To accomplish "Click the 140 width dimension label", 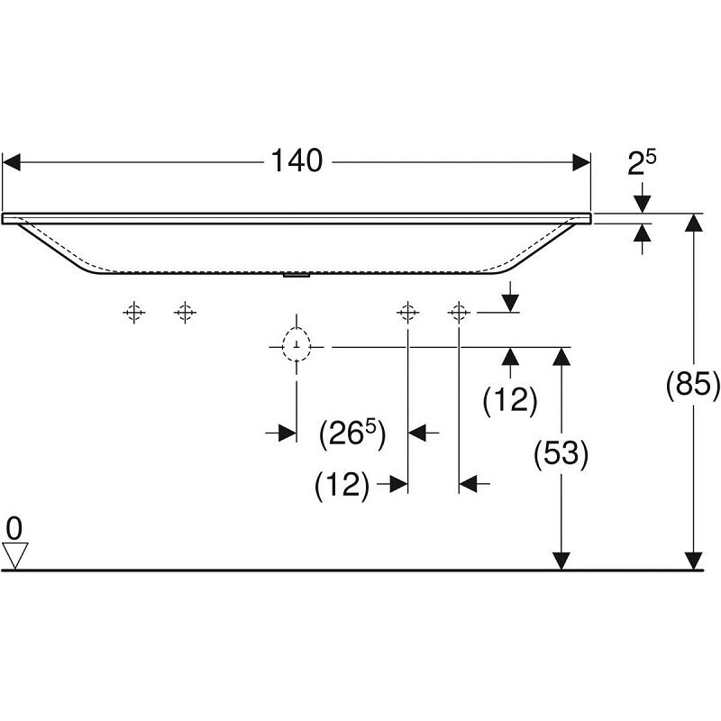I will (x=297, y=161).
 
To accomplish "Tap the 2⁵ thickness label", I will (x=642, y=163).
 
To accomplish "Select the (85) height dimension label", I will (x=692, y=385).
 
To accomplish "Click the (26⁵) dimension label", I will (x=352, y=434).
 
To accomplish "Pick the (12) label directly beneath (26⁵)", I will (x=342, y=486).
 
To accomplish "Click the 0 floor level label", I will (x=13, y=525).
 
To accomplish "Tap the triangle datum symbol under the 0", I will (x=14, y=554).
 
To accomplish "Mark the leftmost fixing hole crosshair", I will (x=133, y=313).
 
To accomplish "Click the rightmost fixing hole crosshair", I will (x=459, y=313).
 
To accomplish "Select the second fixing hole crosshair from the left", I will (x=185, y=313).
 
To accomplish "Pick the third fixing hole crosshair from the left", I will (x=408, y=313).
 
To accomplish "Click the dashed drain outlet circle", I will (x=296, y=345).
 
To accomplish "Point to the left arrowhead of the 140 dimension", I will (x=11, y=162).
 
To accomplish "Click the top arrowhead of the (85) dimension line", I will (x=693, y=224).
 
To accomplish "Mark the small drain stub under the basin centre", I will (x=295, y=277).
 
